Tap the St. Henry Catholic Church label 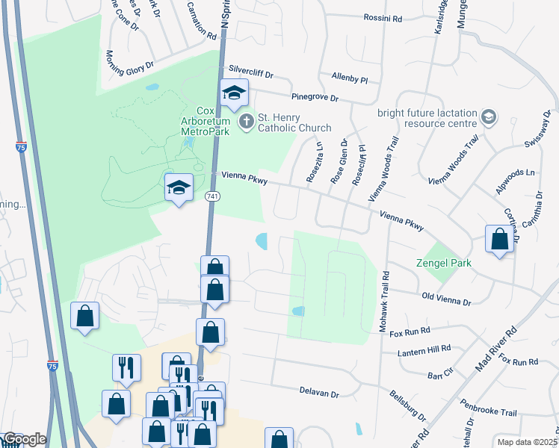tap(294, 122)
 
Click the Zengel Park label tap(444, 264)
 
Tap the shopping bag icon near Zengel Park tap(500, 239)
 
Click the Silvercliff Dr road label tap(252, 73)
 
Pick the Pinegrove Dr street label tap(315, 97)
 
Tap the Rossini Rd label tap(383, 17)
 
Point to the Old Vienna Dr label tap(446, 301)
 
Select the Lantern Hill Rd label tap(425, 349)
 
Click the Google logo tap(24, 439)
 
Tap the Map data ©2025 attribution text tap(527, 441)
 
